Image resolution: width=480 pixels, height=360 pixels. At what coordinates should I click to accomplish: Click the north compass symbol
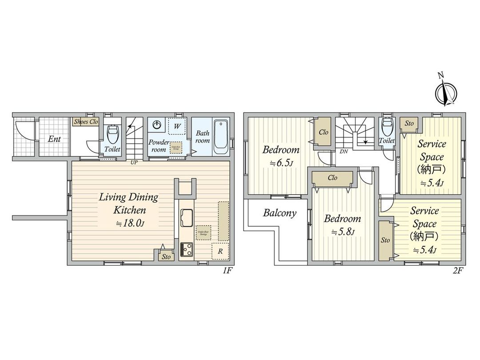[446, 92]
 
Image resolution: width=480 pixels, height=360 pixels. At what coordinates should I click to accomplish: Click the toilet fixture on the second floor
[387, 127]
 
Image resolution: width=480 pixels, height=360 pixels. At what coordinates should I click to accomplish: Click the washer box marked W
[177, 127]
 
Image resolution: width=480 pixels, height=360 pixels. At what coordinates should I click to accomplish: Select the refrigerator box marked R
[220, 252]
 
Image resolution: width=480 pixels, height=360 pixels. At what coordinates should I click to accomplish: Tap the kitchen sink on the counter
[187, 217]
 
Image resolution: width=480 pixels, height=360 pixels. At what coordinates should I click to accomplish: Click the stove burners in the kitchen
[187, 249]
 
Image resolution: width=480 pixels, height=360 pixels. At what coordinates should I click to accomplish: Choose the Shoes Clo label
[86, 121]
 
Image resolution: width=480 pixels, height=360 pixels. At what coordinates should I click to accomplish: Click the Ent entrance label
[54, 139]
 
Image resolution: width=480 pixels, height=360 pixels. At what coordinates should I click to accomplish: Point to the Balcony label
[280, 213]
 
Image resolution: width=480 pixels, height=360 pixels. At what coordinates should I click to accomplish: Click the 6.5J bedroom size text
[280, 163]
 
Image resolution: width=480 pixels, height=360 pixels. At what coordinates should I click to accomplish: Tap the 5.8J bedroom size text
[342, 232]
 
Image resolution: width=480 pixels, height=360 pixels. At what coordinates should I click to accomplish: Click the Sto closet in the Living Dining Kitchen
[166, 256]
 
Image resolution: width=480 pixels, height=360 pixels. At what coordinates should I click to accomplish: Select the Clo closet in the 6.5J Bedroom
[324, 132]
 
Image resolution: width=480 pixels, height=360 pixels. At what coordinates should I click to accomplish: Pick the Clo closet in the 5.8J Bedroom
[332, 178]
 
